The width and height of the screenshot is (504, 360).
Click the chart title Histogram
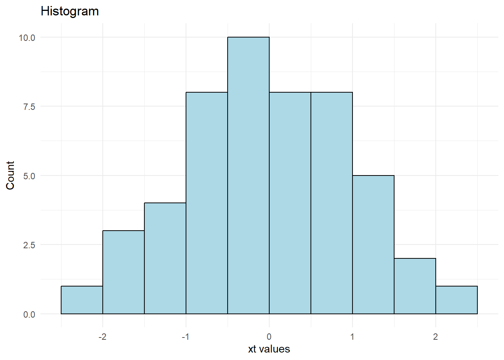(x=70, y=11)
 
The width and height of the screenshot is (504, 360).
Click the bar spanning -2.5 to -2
(x=82, y=300)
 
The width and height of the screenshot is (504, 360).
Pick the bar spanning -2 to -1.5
(x=123, y=272)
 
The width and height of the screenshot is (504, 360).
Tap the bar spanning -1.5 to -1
(x=165, y=258)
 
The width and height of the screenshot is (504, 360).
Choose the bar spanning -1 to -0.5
(x=207, y=203)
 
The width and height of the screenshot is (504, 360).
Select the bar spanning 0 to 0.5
(x=290, y=203)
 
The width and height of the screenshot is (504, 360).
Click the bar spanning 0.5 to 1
(x=331, y=203)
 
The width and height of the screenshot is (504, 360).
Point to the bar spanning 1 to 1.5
(x=373, y=244)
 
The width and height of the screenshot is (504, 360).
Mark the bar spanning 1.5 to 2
(x=415, y=286)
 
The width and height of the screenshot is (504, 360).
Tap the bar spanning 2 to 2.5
(x=456, y=300)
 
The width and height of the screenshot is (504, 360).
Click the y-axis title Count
(x=10, y=175)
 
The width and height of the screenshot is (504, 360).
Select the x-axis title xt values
(x=269, y=349)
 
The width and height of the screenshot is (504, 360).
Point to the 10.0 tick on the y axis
(x=27, y=37)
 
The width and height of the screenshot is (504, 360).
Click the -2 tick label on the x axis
(x=102, y=337)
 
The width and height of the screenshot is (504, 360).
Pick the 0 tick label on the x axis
(x=269, y=337)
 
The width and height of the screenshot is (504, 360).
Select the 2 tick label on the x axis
(x=435, y=337)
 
